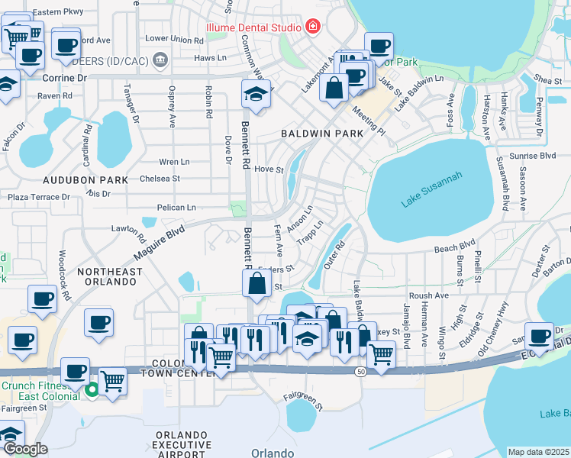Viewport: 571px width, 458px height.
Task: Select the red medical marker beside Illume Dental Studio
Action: click(x=311, y=27)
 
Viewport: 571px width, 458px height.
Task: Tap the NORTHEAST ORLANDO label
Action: click(x=110, y=276)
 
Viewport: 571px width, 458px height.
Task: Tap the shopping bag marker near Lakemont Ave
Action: click(x=334, y=88)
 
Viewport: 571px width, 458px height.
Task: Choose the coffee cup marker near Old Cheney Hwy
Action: click(x=540, y=335)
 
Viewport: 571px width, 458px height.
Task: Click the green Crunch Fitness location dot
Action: click(x=92, y=389)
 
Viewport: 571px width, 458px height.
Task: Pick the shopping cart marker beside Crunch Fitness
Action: click(x=112, y=380)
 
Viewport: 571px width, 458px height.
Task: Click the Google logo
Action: click(x=25, y=449)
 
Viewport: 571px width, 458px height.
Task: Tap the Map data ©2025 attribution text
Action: click(x=538, y=452)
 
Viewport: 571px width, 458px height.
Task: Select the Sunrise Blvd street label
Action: click(x=537, y=155)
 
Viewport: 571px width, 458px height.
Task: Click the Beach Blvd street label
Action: click(x=455, y=248)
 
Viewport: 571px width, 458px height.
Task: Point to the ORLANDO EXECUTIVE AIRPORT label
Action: click(x=182, y=444)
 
